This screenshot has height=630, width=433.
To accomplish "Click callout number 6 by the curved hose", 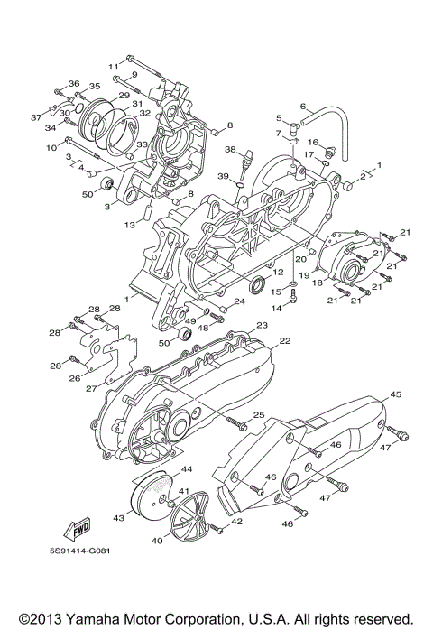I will [x=302, y=106].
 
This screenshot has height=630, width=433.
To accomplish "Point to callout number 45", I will [x=395, y=394].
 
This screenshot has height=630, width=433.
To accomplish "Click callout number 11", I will [x=114, y=67].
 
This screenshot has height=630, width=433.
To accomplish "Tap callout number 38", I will [x=230, y=149].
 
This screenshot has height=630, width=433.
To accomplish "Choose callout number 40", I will [x=156, y=541].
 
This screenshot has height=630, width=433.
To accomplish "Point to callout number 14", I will [x=279, y=308].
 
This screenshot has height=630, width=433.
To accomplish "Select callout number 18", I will [x=318, y=283].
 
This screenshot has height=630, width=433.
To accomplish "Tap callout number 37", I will [x=37, y=117].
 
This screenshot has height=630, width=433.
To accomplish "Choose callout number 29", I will [x=122, y=95].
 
